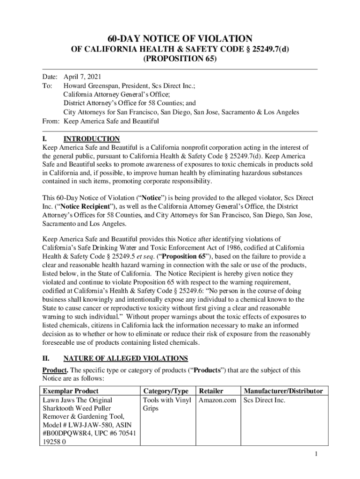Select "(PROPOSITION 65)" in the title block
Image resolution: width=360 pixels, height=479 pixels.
[x=180, y=59]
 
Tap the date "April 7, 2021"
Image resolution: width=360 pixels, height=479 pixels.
[x=82, y=77]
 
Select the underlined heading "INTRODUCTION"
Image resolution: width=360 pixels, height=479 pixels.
[x=92, y=139]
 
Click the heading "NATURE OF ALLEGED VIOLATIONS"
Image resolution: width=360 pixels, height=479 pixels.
[x=126, y=358]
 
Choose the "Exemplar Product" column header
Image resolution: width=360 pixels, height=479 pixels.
[x=71, y=391]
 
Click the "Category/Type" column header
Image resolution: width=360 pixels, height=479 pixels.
[x=166, y=391]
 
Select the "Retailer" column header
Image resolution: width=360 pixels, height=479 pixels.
[x=211, y=391]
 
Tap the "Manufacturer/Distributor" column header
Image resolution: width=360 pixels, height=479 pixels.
[x=283, y=391]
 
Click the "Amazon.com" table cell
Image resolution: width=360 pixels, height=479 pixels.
[x=217, y=400]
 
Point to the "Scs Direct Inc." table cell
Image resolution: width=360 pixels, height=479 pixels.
[x=264, y=400]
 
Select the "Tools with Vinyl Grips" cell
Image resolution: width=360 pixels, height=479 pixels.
[x=166, y=404]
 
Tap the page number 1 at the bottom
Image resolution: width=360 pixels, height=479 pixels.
[x=317, y=454]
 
